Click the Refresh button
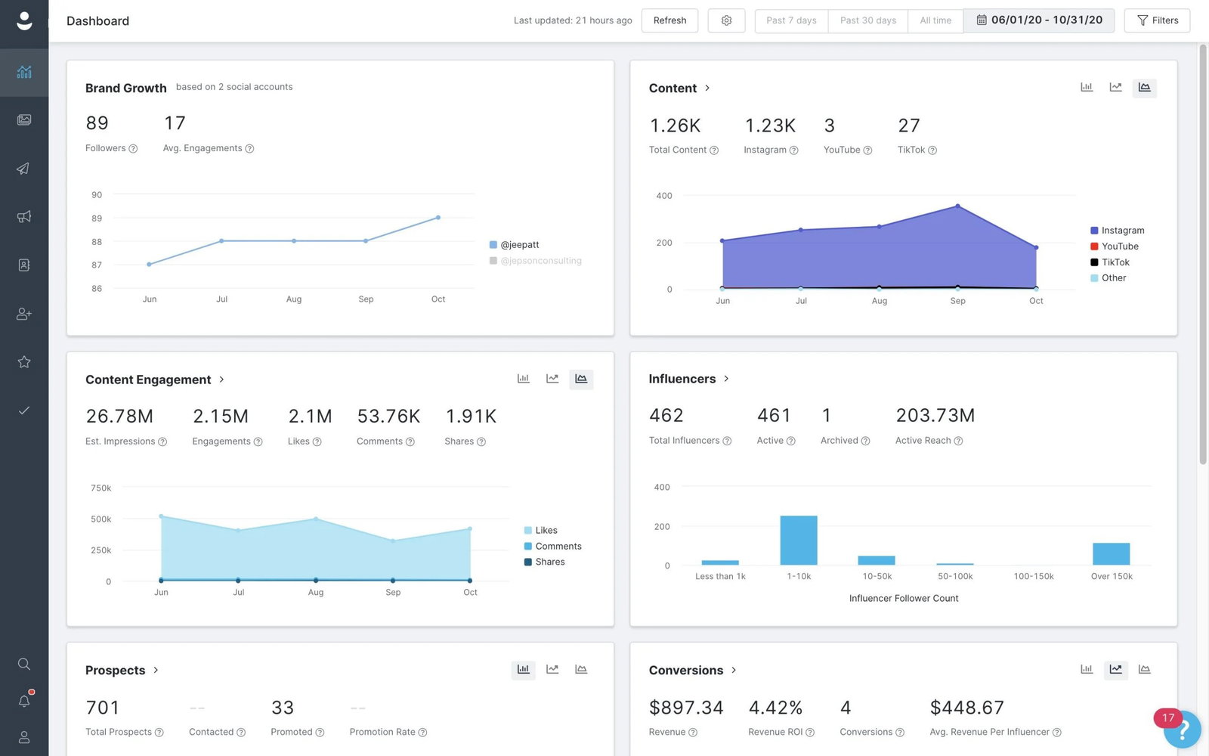[669, 20]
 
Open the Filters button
[1157, 20]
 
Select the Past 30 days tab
[867, 20]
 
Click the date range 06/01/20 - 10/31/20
[1039, 20]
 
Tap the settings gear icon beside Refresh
[726, 20]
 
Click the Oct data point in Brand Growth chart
[438, 218]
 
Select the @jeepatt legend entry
[519, 245]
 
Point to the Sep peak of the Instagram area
[957, 206]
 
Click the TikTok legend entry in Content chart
[1115, 262]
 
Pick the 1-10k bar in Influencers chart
[799, 541]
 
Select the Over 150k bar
[1111, 554]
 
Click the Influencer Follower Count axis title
[903, 598]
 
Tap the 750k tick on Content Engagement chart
[101, 488]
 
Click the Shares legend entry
[549, 562]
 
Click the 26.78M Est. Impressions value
[119, 417]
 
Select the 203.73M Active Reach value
[935, 416]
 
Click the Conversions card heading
[685, 671]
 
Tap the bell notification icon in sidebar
[24, 701]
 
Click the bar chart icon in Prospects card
[523, 670]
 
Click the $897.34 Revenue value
[685, 708]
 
